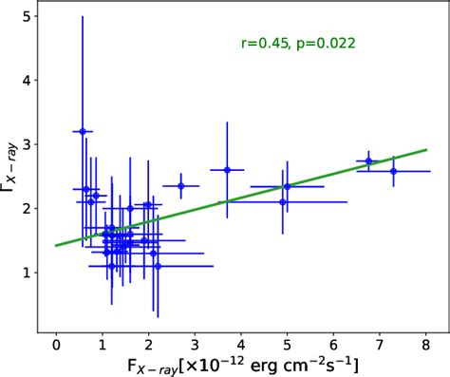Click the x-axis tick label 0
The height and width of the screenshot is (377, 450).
[56, 343]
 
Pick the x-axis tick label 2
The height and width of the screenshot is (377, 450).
[148, 343]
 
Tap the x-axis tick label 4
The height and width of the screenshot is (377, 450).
[241, 343]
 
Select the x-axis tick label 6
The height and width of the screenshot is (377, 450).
[333, 343]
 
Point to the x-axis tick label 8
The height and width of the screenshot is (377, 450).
[425, 343]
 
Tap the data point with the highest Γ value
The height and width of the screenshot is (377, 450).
[83, 131]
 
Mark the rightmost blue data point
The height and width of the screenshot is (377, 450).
[393, 171]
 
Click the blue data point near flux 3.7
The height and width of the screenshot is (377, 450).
[227, 170]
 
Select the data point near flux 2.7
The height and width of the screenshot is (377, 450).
[180, 186]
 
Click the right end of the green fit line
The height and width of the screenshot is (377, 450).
[426, 149]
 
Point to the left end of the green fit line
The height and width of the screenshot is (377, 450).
[56, 245]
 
